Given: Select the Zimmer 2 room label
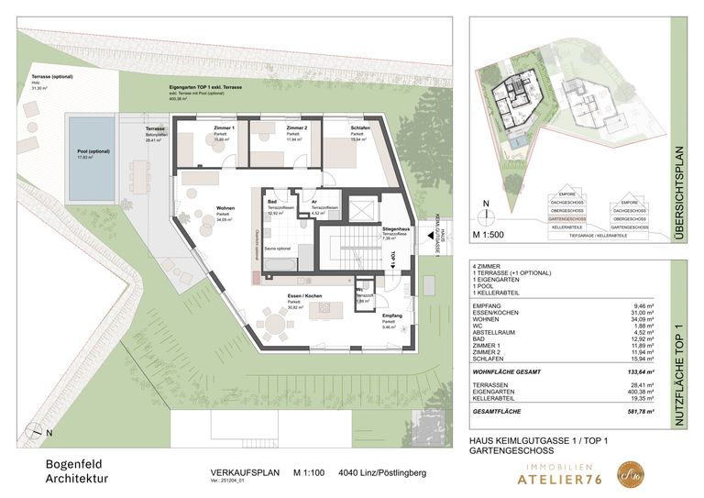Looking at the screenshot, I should [x=296, y=127].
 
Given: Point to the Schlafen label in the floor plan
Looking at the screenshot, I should [x=360, y=127].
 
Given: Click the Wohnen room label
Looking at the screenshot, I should [x=225, y=209].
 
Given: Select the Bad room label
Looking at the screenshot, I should [x=272, y=202].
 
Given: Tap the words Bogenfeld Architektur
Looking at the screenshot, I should [x=77, y=470].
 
